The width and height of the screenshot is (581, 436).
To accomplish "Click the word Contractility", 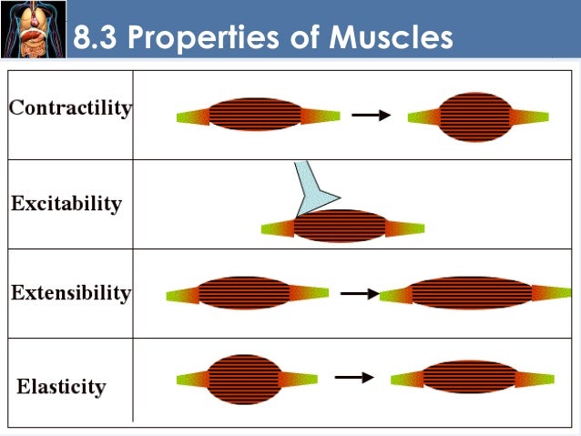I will point(70,108).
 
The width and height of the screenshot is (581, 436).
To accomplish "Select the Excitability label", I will point(66,203).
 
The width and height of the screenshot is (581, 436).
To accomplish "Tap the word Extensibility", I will point(71,293).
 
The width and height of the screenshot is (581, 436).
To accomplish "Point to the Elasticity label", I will point(61,387).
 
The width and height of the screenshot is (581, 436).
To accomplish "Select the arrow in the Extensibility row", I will point(359,293).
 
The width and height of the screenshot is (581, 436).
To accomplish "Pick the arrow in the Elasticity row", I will point(353,376).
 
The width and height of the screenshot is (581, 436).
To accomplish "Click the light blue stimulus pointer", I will point(312,187).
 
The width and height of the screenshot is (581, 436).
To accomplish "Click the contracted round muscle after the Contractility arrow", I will point(474,117).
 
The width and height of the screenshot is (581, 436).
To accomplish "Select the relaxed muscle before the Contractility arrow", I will point(255,115).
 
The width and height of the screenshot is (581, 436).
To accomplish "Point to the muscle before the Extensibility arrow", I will point(243,293).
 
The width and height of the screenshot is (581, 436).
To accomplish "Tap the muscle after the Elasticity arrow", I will point(470,377).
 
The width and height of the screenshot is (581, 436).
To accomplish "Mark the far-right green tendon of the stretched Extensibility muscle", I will point(553,292).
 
